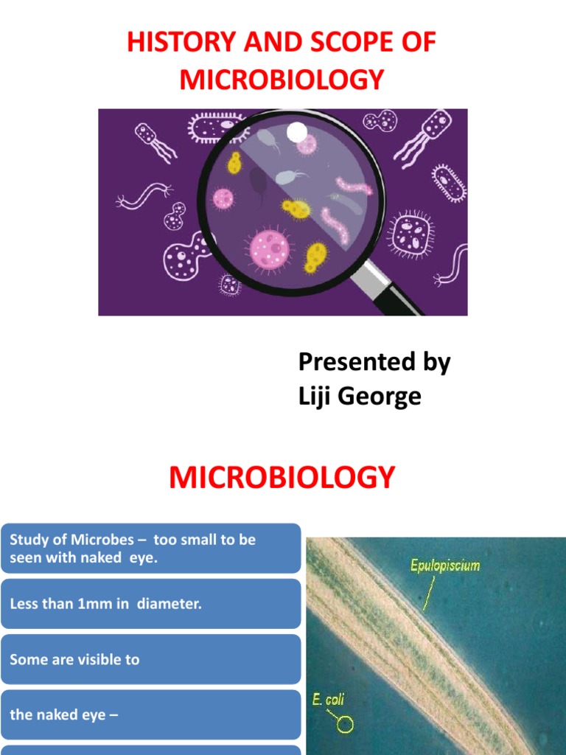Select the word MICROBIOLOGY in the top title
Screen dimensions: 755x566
[282, 79]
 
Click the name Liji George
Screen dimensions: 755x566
[360, 397]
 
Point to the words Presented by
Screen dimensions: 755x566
[374, 362]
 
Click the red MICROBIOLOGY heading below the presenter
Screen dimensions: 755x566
[282, 478]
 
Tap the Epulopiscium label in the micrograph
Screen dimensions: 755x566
[445, 566]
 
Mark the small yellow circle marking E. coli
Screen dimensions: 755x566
[345, 725]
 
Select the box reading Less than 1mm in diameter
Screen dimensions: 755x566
[151, 604]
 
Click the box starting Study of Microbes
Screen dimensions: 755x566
[151, 549]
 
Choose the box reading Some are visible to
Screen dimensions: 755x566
[151, 659]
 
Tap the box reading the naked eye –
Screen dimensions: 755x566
[151, 714]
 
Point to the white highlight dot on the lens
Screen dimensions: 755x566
[296, 133]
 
